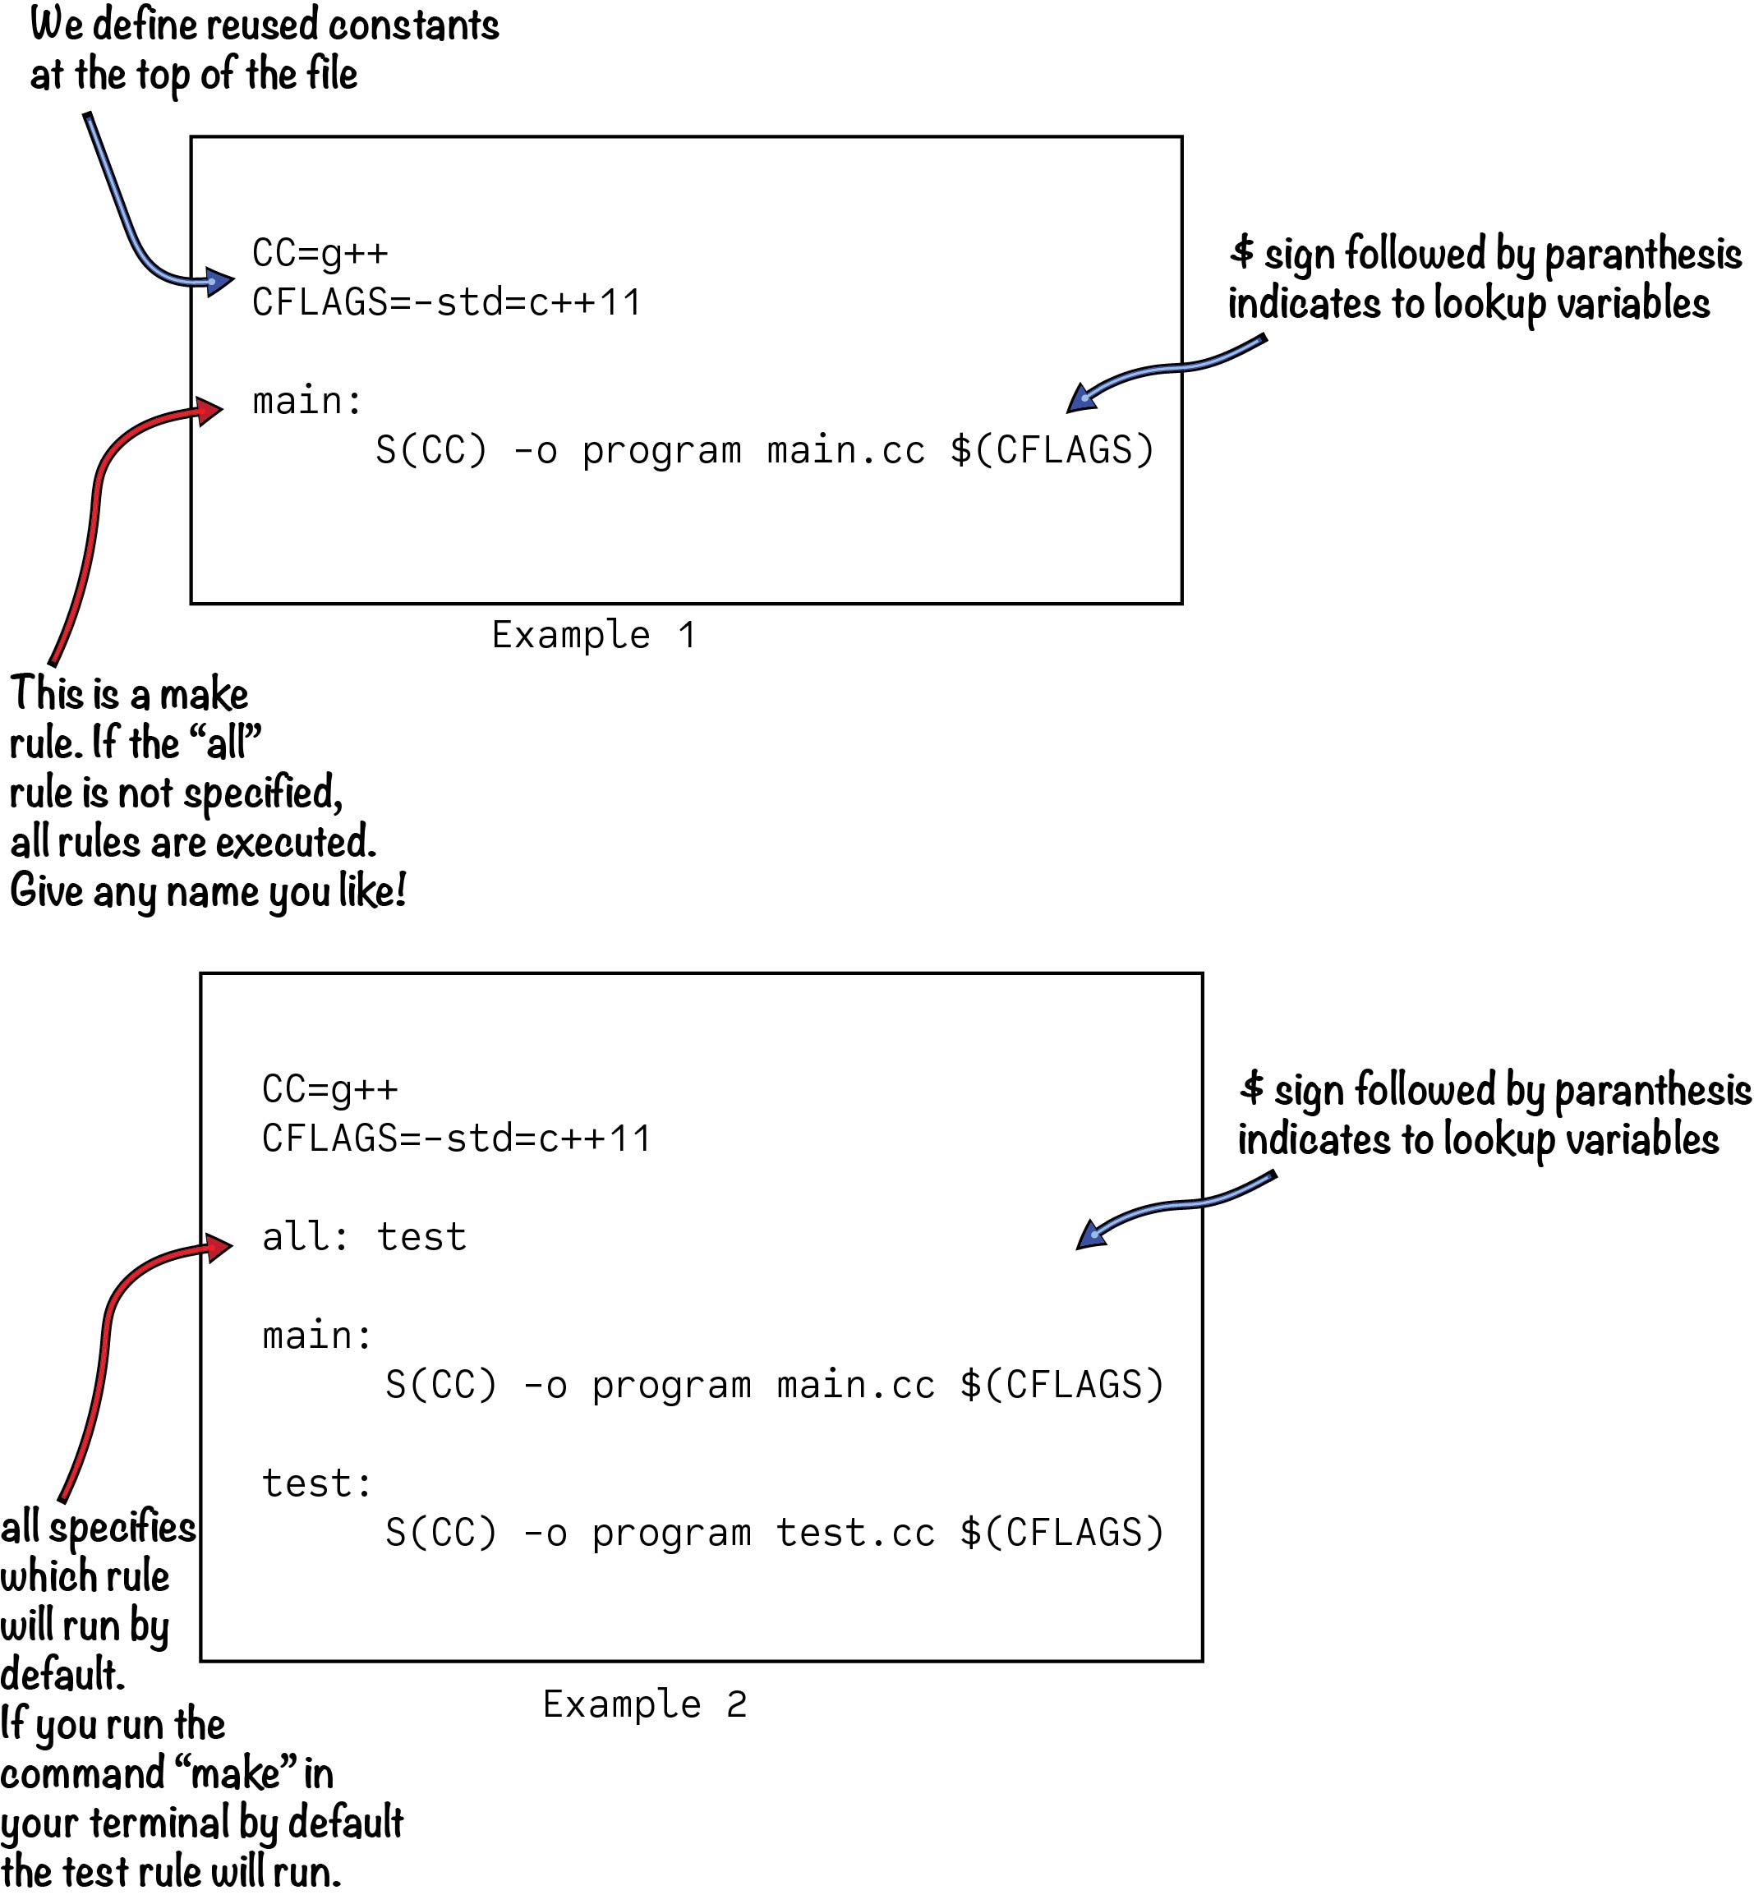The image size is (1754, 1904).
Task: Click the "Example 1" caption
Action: point(594,635)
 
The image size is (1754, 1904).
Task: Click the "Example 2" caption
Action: point(644,1704)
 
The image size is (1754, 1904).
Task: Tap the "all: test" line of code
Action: point(365,1237)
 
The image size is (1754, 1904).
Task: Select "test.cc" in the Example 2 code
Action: point(855,1533)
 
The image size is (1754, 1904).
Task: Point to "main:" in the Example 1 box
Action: point(307,401)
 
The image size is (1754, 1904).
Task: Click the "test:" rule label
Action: point(317,1483)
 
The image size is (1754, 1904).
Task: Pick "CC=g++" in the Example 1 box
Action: point(320,254)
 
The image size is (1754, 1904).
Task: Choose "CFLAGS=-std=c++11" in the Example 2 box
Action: point(457,1138)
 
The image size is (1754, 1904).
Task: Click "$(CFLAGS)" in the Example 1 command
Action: point(1052,450)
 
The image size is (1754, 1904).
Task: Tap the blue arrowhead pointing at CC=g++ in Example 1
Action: point(219,281)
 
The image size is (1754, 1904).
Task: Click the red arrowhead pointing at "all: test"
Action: point(219,1246)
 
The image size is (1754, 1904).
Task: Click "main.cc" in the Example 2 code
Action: point(855,1385)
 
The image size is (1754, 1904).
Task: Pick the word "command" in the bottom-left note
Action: point(81,1773)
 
